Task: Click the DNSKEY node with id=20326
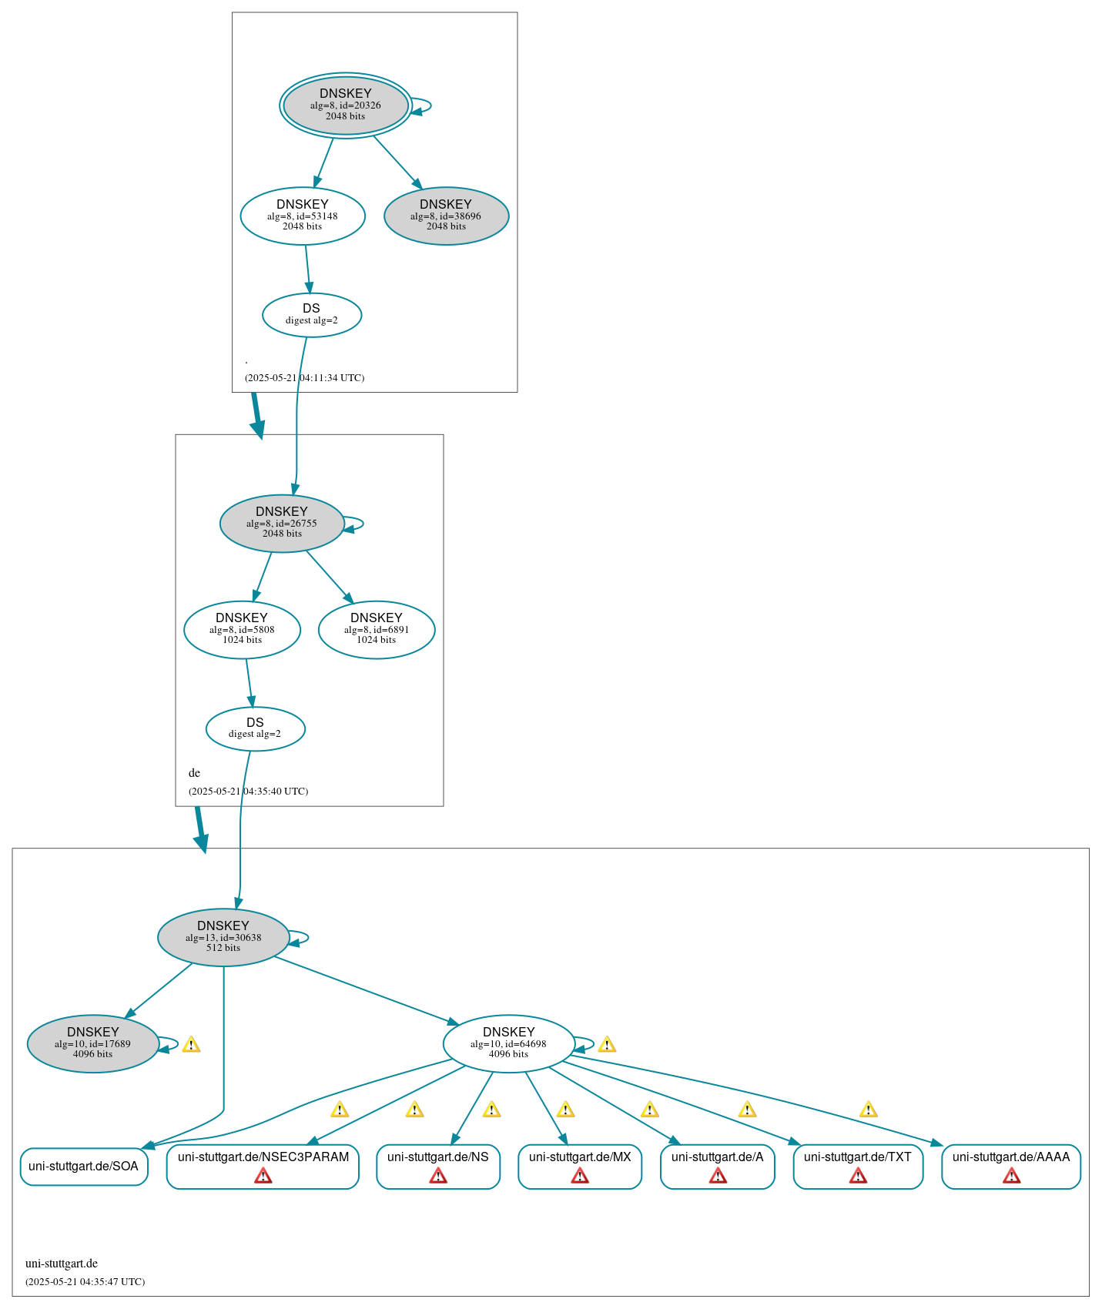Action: pyautogui.click(x=346, y=105)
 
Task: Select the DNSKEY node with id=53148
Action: pyautogui.click(x=303, y=216)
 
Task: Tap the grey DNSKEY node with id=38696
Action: pyautogui.click(x=446, y=216)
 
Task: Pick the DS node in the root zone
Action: pyautogui.click(x=311, y=314)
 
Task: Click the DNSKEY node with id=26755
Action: pyautogui.click(x=282, y=523)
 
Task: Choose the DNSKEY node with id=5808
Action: pyautogui.click(x=242, y=629)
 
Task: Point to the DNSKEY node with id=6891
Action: pyautogui.click(x=377, y=629)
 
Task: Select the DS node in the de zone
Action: pyautogui.click(x=255, y=728)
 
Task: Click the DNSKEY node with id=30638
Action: pyautogui.click(x=223, y=937)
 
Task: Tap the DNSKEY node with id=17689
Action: pyautogui.click(x=93, y=1043)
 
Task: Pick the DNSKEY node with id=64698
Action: pyautogui.click(x=508, y=1043)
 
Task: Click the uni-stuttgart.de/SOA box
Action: pyautogui.click(x=83, y=1166)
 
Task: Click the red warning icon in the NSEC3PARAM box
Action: pyautogui.click(x=263, y=1176)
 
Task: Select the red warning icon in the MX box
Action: pyautogui.click(x=580, y=1176)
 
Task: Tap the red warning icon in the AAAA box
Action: pyautogui.click(x=1011, y=1176)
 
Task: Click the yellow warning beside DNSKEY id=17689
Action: pyautogui.click(x=191, y=1045)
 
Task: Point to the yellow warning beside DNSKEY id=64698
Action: pyautogui.click(x=607, y=1045)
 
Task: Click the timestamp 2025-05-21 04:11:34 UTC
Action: pyautogui.click(x=304, y=378)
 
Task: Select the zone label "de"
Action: pyautogui.click(x=194, y=773)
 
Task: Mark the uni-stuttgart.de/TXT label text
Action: pyautogui.click(x=857, y=1157)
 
